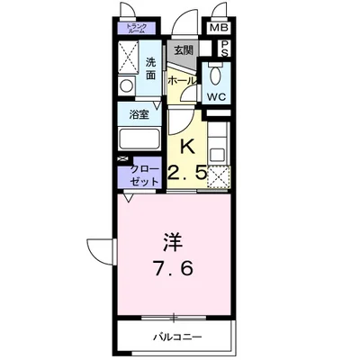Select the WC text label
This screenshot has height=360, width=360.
point(217,96)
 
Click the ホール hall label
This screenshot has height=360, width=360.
point(180,80)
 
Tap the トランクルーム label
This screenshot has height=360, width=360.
point(139,28)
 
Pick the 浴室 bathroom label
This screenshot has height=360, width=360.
point(138,115)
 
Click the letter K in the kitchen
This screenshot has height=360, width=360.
point(188,145)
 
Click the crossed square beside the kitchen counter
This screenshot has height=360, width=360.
point(217,176)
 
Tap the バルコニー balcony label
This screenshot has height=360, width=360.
point(175,336)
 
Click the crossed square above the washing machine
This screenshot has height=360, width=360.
point(128,59)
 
